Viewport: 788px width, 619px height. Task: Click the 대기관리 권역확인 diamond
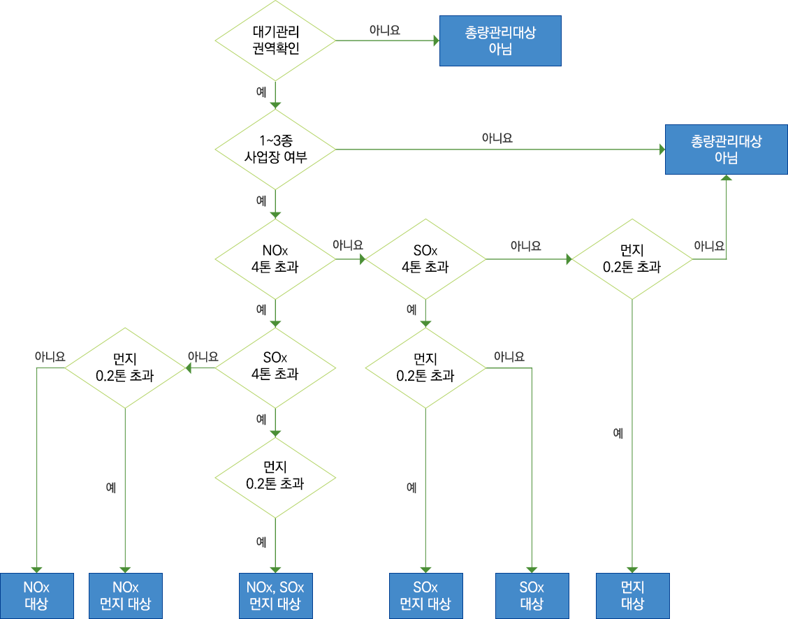point(275,41)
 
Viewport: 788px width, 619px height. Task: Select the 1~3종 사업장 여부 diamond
point(275,149)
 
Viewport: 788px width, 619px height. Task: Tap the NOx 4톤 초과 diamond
point(275,259)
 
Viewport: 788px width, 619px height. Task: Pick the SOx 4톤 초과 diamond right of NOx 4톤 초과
point(425,259)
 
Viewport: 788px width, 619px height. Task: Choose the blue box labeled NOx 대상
point(36,595)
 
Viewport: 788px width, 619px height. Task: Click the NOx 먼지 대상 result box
point(126,595)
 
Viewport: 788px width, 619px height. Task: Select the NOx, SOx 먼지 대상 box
point(275,595)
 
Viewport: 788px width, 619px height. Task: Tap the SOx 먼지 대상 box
point(425,595)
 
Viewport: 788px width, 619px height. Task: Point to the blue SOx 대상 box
point(532,595)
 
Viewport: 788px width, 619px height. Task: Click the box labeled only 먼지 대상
point(632,595)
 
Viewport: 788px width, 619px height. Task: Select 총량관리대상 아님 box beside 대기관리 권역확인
point(499,41)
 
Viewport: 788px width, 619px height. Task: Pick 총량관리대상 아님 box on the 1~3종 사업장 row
point(727,149)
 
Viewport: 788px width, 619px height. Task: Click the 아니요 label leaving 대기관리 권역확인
point(384,31)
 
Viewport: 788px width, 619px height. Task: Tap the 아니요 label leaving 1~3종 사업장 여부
point(497,138)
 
